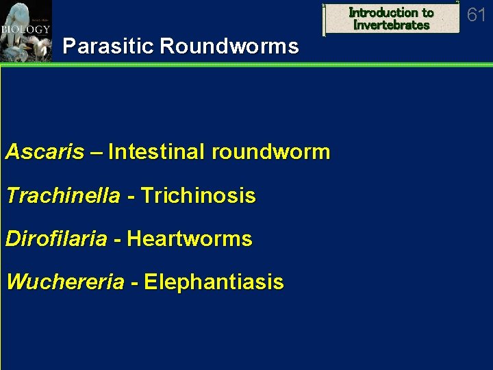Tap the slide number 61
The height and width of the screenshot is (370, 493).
(476, 15)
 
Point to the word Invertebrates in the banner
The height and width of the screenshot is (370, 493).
(391, 25)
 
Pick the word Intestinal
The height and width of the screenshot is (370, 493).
(157, 151)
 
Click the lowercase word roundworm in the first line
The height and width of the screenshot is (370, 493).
(271, 151)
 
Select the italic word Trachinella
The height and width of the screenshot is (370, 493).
(63, 196)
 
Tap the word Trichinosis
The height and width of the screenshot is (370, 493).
(198, 196)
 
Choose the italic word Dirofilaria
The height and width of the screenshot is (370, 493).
(56, 239)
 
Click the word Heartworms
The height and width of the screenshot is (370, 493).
(190, 239)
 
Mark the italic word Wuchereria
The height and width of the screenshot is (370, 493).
(65, 282)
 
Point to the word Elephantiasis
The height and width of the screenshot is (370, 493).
(214, 282)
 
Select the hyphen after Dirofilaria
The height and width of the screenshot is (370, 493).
(116, 240)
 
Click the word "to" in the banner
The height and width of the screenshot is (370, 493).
(427, 12)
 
